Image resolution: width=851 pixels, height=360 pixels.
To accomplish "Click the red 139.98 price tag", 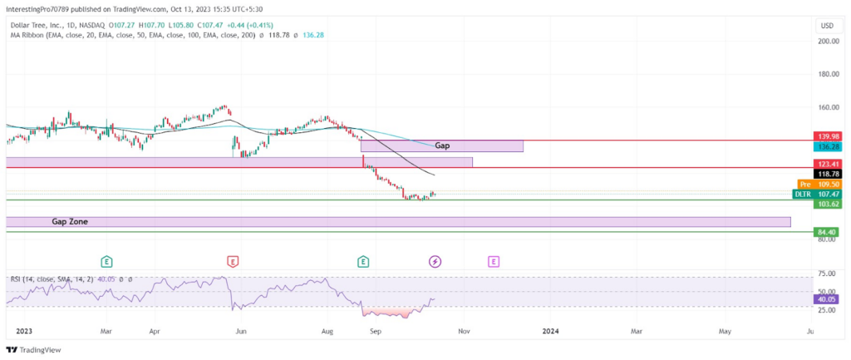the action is [x=826, y=136].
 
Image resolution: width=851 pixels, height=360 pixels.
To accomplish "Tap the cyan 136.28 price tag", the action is [x=826, y=146].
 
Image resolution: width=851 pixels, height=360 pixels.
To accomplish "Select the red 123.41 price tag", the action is [x=826, y=163].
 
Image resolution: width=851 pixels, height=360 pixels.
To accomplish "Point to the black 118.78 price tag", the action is [x=826, y=174].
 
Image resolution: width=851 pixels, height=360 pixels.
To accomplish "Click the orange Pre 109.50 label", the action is [x=818, y=184].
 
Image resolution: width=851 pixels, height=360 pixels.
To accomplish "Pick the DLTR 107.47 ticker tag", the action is [x=816, y=194].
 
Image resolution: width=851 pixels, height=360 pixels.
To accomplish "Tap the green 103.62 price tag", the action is [x=826, y=205].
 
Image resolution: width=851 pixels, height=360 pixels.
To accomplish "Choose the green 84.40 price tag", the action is [x=826, y=233].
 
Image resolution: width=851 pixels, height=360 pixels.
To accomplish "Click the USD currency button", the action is [x=827, y=26].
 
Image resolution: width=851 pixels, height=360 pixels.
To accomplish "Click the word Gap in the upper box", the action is [x=442, y=145].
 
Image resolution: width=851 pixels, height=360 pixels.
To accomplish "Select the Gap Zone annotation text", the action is [x=70, y=221].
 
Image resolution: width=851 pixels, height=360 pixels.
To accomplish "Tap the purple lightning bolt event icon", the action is [x=435, y=262].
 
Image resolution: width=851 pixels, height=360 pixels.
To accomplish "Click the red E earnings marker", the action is [x=233, y=262].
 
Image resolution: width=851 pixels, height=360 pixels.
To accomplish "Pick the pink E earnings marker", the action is [x=494, y=262].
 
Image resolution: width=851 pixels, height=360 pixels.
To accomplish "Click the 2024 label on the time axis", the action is [x=550, y=331].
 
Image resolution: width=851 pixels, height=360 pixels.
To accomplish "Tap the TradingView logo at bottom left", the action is [x=33, y=350].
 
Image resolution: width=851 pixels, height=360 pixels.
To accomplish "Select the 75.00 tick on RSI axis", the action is [x=826, y=274].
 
